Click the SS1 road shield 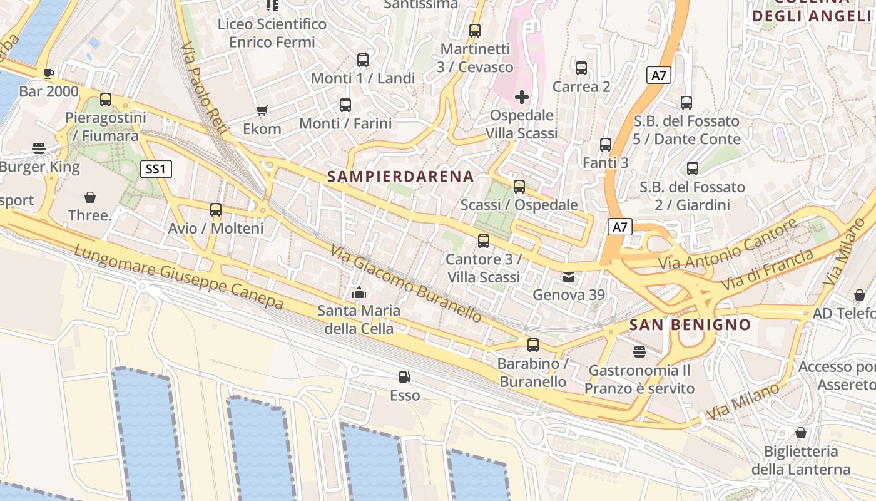tap(155, 168)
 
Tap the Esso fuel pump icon tap(405, 377)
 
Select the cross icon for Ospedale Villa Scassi tap(521, 97)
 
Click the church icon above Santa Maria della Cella tap(359, 292)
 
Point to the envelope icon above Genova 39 tap(568, 277)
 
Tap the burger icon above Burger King tap(39, 148)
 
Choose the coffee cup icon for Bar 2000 tap(49, 73)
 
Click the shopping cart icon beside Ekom tap(262, 111)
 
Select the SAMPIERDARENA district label tap(400, 177)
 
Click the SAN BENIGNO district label tap(690, 325)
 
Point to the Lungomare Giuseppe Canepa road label tap(178, 277)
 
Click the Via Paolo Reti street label tap(205, 81)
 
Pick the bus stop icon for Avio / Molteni tap(216, 210)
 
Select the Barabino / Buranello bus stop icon tap(533, 345)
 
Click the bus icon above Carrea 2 tap(581, 68)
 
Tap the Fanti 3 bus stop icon tap(606, 145)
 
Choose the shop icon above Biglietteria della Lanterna tap(800, 433)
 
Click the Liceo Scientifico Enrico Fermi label tap(272, 33)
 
